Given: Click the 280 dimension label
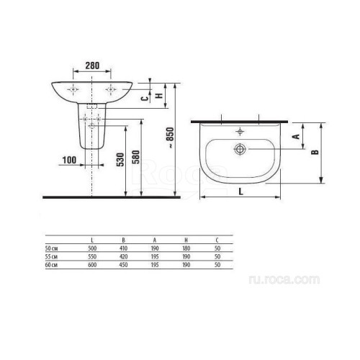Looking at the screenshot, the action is tap(92, 66).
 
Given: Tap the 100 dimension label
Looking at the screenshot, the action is tap(69, 160).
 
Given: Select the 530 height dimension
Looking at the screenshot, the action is tap(120, 160).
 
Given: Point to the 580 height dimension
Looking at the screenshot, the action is tap(136, 157).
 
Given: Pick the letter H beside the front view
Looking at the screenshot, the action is tap(159, 96).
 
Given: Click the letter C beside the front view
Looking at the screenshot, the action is tap(144, 98).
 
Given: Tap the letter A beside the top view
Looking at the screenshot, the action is tap(297, 136).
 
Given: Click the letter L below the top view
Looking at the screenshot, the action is tap(241, 192).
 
